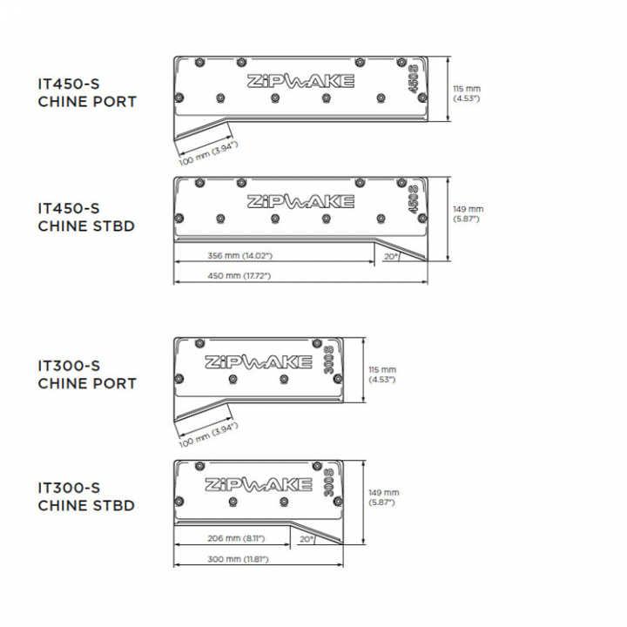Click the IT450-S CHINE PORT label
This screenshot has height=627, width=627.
(87, 93)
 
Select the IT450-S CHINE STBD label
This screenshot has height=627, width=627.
(86, 217)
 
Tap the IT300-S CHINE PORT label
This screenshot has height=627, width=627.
(87, 374)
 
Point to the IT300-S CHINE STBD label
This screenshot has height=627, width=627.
(86, 496)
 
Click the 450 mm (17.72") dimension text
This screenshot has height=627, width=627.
(239, 276)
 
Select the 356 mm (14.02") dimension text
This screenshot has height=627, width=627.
(240, 255)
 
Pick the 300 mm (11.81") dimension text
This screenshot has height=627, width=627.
(238, 559)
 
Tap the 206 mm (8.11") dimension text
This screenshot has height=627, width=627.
(236, 539)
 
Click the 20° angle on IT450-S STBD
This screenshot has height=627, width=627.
(392, 257)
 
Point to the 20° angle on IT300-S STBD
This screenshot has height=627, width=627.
(307, 539)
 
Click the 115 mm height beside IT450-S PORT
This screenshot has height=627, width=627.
(467, 93)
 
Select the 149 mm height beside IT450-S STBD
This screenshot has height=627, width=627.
(469, 214)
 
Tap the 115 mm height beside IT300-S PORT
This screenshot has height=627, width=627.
(382, 374)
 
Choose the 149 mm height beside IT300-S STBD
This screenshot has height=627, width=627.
(384, 497)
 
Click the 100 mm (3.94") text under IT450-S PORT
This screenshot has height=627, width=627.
(209, 153)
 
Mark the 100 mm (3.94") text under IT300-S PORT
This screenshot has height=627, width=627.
(209, 435)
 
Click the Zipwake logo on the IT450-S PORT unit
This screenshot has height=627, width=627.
(300, 81)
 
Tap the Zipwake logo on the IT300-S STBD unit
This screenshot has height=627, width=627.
(259, 485)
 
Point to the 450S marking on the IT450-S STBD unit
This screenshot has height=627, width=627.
(413, 199)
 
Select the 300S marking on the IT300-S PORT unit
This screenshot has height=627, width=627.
(328, 360)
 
